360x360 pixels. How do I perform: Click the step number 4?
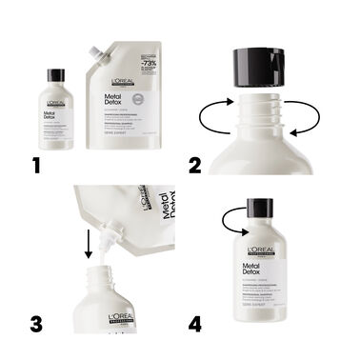point(196,324)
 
